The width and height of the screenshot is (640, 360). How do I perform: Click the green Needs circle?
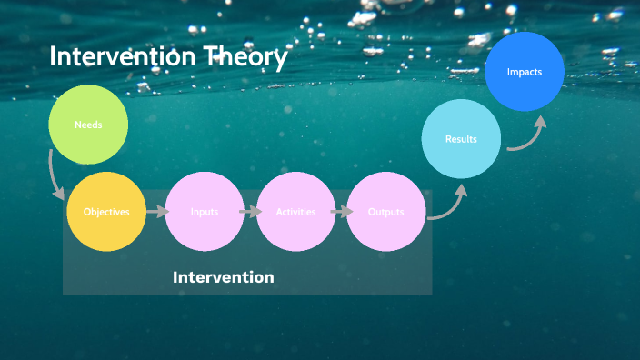coord(87,125)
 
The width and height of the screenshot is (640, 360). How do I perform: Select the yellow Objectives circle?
coord(106,212)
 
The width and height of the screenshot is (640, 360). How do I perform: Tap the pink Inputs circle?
coord(205,212)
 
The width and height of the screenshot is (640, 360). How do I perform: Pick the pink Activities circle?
coord(296,212)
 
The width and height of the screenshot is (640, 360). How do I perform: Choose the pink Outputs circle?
coord(386,212)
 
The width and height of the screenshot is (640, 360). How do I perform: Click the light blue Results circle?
coord(461,139)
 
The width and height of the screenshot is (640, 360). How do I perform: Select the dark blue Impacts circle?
coord(525,72)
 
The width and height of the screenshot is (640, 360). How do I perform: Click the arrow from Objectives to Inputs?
coord(156,212)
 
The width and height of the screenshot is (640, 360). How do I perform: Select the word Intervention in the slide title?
coord(122,56)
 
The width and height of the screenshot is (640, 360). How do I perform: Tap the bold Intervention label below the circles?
coord(223,277)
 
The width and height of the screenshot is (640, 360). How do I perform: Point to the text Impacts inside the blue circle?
coord(525,72)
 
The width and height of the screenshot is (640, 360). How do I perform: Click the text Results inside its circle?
coord(461,139)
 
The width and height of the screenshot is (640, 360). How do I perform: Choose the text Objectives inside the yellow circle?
coord(106,212)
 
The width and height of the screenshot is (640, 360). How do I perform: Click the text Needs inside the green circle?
coord(87,125)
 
